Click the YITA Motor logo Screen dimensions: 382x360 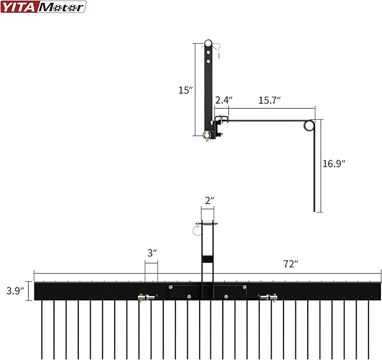(43, 7)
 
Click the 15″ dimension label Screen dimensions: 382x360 (186, 91)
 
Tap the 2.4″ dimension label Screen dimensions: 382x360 (224, 100)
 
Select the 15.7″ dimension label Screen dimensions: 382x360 (269, 100)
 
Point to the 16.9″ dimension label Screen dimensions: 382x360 (334, 164)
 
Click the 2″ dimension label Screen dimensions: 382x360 (209, 201)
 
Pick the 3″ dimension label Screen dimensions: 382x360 (152, 253)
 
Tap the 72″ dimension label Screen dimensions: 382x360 (291, 264)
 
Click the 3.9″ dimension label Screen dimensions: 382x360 (15, 291)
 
